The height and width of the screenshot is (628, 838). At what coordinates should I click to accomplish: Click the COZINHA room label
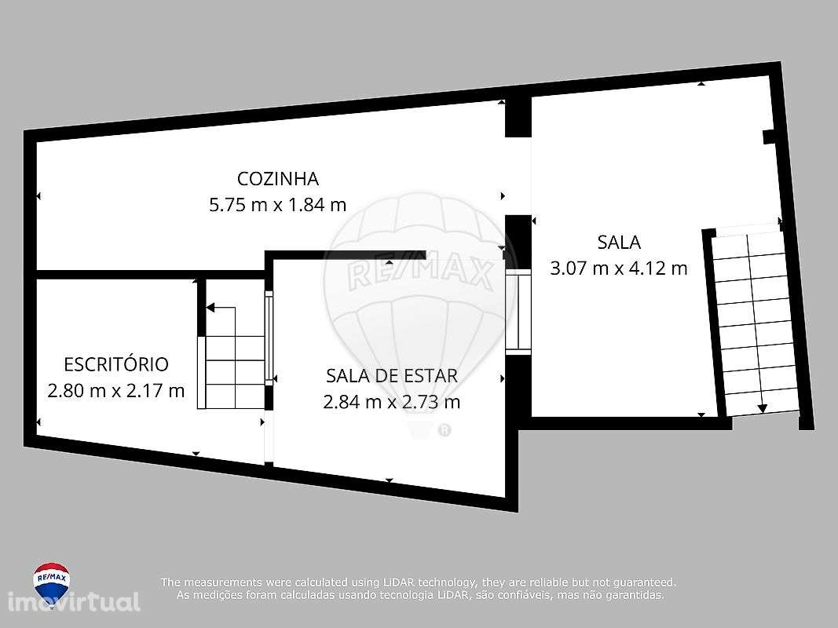[277, 178]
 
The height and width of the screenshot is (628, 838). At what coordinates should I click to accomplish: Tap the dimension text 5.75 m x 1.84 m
[277, 206]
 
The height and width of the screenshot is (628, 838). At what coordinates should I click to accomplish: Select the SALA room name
[619, 242]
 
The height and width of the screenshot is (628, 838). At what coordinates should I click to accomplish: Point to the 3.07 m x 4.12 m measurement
[619, 268]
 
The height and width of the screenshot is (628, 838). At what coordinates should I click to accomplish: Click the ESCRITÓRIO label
[115, 364]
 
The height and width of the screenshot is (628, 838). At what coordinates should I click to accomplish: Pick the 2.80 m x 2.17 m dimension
[115, 390]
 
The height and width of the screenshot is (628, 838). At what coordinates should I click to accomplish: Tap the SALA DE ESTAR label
[391, 375]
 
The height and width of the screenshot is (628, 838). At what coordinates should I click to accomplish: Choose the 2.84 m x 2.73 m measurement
[391, 403]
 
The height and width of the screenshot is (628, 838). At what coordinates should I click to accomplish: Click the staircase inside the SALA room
[754, 322]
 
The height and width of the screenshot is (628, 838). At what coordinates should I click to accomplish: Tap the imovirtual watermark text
[75, 603]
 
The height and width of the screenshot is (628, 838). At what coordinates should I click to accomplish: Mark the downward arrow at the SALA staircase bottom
[762, 408]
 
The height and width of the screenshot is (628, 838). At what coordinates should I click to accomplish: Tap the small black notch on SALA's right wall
[769, 137]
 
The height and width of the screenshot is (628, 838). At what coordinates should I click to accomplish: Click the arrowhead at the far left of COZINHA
[38, 197]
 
